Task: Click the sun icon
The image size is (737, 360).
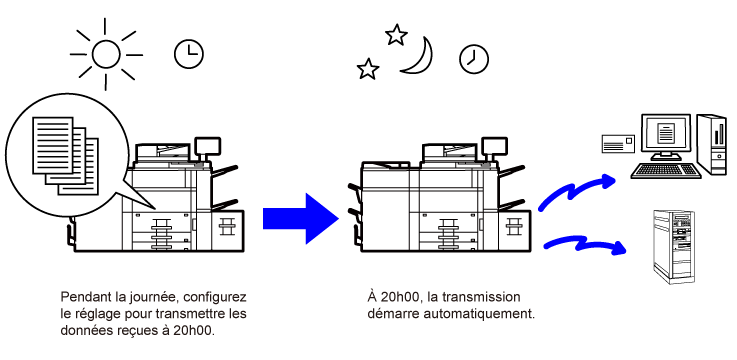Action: [106, 55]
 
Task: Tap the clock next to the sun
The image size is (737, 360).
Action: [189, 54]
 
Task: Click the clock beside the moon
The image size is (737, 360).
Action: [474, 59]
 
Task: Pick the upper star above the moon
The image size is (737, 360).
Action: [396, 35]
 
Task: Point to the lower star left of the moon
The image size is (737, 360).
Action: [368, 69]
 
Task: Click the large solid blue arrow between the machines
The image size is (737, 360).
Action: [301, 219]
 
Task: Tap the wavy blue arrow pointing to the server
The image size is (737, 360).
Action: [585, 244]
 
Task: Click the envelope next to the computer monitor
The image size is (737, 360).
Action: [618, 143]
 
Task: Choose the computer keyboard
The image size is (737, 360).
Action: [665, 170]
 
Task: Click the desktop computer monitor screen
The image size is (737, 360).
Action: [665, 134]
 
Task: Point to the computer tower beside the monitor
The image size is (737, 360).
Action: [711, 144]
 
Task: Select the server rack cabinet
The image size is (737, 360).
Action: [674, 247]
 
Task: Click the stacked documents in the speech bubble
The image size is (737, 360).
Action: [66, 156]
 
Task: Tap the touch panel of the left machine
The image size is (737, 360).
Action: [207, 147]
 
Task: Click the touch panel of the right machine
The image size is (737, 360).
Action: [494, 147]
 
